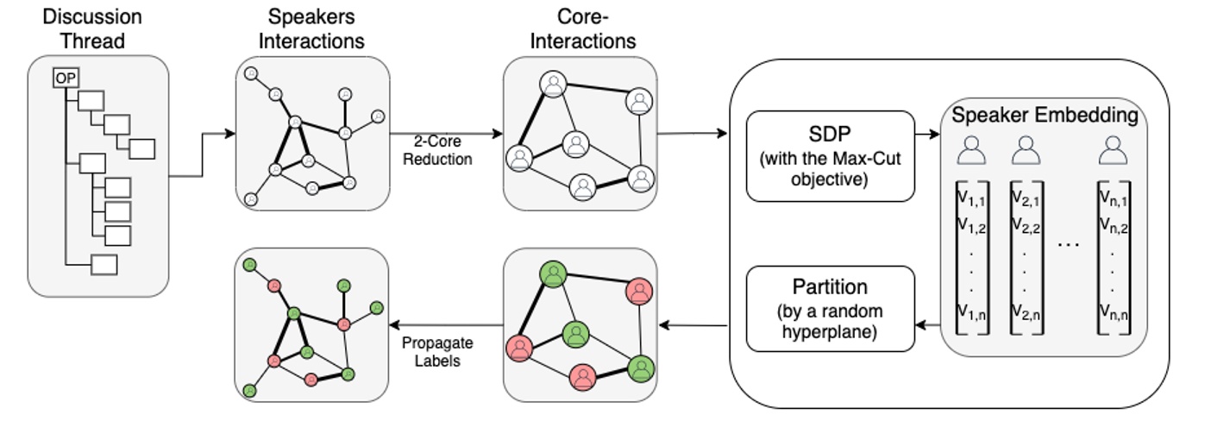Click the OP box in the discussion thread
point(65,79)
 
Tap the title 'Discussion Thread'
point(92,28)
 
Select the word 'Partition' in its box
point(829,286)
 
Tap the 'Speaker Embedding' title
point(1045,114)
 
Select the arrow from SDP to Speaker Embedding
point(927,135)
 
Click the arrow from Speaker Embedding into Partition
point(927,325)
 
